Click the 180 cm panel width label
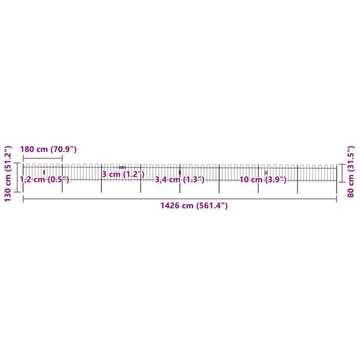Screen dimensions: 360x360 pos(48,149)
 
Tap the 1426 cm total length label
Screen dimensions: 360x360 pos(194,205)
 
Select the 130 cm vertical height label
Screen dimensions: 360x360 pos(8,174)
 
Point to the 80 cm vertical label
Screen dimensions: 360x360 pos(351,172)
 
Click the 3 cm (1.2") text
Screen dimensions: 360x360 pos(123,174)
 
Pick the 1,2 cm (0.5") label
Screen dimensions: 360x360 pos(44,179)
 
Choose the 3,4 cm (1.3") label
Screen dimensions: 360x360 pos(179,179)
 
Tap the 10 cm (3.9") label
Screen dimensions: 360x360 pos(263,179)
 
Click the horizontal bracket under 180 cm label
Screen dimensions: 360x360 pos(43,158)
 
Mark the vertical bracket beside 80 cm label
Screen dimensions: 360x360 pos(343,173)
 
